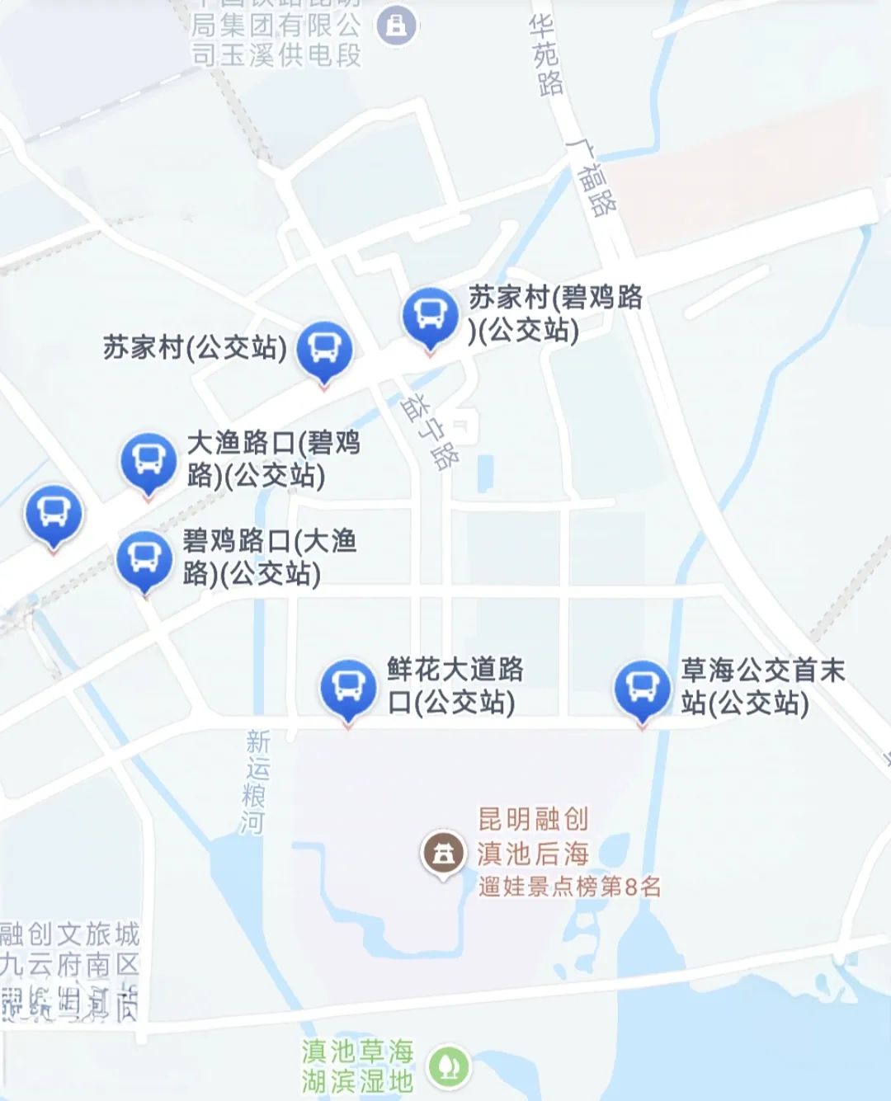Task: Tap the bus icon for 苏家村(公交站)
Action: point(324,349)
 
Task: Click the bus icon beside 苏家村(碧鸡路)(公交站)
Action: point(430,315)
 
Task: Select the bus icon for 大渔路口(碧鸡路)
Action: point(148,461)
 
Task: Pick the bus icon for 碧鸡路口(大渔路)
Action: point(144,558)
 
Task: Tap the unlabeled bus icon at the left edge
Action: point(54,513)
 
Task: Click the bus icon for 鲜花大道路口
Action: point(348,687)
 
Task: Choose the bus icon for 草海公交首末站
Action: point(642,687)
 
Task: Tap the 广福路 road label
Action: point(593,176)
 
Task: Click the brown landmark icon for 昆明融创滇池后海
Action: point(443,854)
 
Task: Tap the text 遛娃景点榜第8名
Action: point(569,887)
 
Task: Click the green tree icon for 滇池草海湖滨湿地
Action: point(448,1066)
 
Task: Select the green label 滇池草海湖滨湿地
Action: point(357,1066)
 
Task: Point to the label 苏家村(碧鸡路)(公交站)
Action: point(554,313)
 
